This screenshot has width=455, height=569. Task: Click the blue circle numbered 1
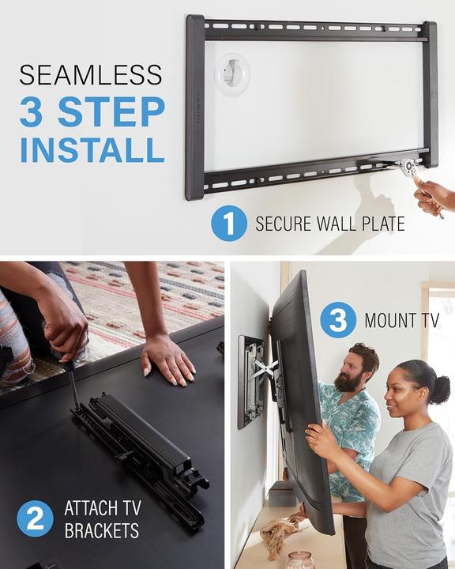(x=228, y=224)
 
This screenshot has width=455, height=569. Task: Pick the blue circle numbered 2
(x=36, y=518)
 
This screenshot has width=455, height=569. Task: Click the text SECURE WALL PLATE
(x=329, y=224)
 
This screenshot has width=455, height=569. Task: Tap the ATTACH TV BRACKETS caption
(x=103, y=518)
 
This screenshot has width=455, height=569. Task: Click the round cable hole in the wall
(x=231, y=74)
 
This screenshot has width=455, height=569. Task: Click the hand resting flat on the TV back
(x=167, y=361)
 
